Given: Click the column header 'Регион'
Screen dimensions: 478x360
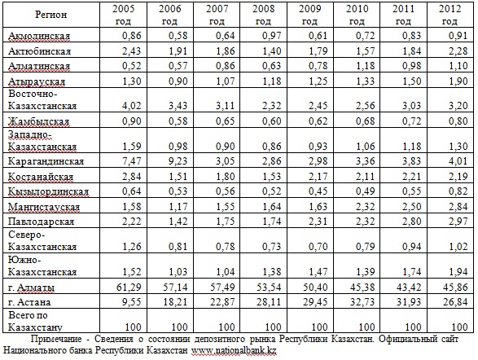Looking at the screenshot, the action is tap(51, 15).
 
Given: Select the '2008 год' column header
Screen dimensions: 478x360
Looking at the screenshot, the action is tap(263, 15).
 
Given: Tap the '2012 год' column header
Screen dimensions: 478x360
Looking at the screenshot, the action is tap(450, 15).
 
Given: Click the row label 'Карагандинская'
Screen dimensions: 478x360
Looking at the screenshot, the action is tap(46, 161).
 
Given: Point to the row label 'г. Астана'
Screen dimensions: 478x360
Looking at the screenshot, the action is tap(29, 302).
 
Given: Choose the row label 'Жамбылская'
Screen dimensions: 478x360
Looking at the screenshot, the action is tap(39, 121).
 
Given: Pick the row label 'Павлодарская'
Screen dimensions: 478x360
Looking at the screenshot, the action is tap(42, 222).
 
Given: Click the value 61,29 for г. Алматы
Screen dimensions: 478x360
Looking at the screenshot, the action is tap(129, 287).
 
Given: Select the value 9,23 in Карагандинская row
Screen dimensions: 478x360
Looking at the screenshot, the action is tap(178, 160).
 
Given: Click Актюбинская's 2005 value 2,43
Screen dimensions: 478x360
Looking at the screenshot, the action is tap(132, 50).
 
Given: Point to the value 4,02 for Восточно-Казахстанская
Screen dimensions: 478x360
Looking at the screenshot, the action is tap(132, 105).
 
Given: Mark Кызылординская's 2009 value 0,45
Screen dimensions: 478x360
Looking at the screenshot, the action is tap(318, 191).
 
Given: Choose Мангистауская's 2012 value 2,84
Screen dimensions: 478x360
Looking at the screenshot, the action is tap(458, 206).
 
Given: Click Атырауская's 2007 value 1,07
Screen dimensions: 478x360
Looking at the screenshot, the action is tap(226, 81).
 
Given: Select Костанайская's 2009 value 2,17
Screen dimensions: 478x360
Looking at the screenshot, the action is tap(318, 176).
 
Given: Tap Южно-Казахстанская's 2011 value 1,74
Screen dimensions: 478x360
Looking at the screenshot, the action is tap(411, 271).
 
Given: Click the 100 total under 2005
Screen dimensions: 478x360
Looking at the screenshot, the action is tap(134, 327).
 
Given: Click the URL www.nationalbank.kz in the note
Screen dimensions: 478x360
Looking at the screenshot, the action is tap(234, 350).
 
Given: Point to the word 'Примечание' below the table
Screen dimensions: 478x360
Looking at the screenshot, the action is tap(56, 339).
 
